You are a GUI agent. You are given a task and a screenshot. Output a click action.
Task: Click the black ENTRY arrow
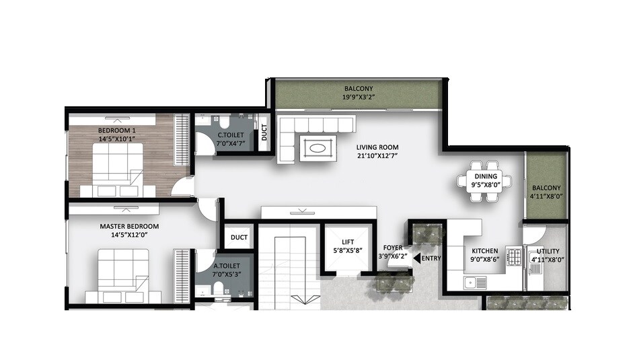tap(416, 258)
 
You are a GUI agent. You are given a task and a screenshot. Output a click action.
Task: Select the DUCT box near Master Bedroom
tap(239, 238)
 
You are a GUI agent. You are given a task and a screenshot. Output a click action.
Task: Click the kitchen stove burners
tap(515, 256)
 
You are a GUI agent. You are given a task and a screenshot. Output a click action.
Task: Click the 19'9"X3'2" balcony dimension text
tap(359, 97)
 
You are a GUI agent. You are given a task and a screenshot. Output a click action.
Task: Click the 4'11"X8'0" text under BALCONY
tap(547, 196)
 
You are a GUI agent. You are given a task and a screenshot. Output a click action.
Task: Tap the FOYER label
tap(392, 248)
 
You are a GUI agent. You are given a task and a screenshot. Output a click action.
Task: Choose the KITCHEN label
tap(484, 251)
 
